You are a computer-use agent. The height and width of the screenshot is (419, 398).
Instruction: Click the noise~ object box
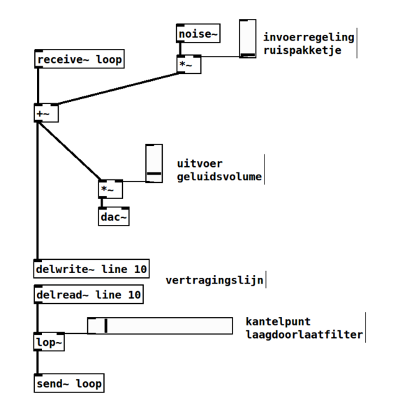point(198,33)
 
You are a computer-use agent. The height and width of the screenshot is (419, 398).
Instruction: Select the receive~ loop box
point(80,59)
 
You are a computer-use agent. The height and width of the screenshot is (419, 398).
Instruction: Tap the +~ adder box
point(46,113)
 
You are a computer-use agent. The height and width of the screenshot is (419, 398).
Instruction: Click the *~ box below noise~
point(189,64)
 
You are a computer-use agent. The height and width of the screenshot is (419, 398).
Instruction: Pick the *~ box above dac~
point(110,189)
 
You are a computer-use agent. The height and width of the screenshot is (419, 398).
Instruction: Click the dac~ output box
point(114,216)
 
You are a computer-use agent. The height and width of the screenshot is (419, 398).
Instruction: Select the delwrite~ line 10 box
point(91,269)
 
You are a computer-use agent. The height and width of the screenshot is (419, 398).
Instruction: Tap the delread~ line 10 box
point(89,294)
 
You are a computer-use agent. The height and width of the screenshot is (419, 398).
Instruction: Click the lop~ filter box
point(49,341)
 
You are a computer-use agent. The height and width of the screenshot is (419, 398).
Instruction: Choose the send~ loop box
point(69,383)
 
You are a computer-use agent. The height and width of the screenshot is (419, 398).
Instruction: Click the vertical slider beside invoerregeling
point(248,38)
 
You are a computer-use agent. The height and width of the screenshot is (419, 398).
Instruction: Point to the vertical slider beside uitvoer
point(154,163)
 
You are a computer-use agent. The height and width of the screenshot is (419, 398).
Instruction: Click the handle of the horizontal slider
point(106,325)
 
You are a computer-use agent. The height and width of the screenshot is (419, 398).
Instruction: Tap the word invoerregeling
point(309,37)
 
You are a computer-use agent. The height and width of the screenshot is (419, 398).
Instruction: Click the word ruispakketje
point(302,50)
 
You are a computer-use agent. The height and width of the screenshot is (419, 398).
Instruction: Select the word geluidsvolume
point(219,177)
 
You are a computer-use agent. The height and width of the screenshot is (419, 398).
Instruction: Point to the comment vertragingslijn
point(214,280)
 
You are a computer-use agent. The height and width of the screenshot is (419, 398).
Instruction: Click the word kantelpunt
point(278,321)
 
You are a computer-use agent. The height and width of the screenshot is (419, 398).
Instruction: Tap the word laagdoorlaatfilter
point(304,335)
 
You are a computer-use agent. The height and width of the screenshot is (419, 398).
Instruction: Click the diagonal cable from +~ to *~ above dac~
point(69,151)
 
